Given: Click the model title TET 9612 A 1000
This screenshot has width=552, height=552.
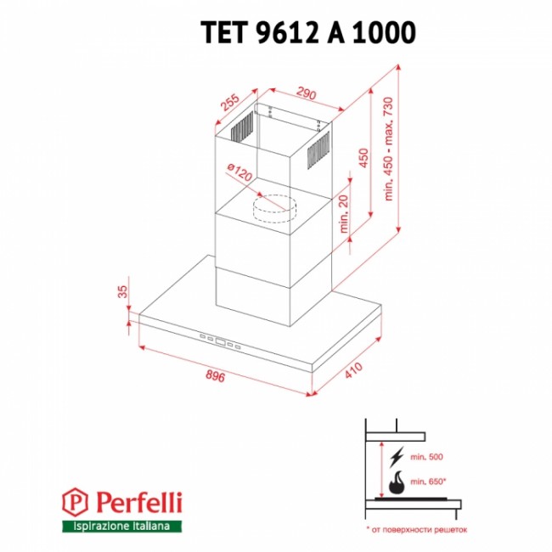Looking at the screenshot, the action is (308, 32).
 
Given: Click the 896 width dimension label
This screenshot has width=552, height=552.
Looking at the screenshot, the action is (215, 376).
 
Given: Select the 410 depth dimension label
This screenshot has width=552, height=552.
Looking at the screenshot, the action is (353, 370).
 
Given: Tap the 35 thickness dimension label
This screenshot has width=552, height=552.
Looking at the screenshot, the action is (121, 291).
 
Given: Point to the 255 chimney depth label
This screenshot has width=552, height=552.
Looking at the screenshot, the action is (230, 102).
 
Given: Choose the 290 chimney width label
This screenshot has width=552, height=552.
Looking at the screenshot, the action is (307, 93).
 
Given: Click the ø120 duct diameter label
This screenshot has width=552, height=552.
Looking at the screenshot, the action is (239, 172).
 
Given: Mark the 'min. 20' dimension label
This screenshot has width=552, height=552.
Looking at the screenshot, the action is (343, 214).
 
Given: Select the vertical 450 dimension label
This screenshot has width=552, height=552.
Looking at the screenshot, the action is (363, 158).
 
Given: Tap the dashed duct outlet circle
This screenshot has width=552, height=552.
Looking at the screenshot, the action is (274, 209).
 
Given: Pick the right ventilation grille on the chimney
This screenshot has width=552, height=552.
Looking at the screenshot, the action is (318, 150).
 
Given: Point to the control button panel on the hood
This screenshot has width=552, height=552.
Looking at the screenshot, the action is (220, 341).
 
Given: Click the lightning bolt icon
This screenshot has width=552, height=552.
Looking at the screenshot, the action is (397, 457).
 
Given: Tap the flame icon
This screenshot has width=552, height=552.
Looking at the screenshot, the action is (397, 482).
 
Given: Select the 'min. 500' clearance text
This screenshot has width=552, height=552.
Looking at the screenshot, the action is (426, 457).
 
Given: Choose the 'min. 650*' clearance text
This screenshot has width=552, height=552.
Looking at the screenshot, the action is (428, 482).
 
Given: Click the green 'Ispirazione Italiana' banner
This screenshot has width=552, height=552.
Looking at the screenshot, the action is (121, 527).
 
